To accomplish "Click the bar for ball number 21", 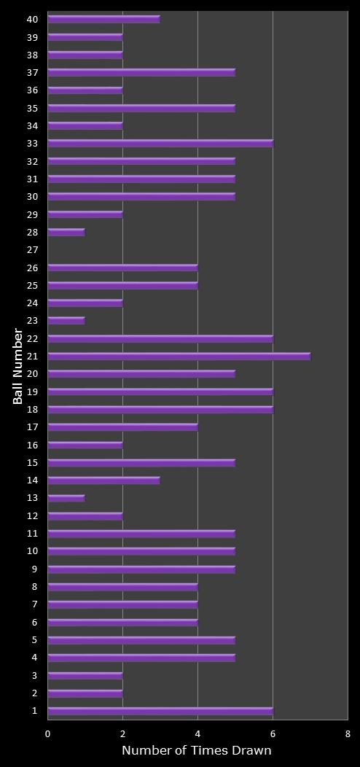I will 179,357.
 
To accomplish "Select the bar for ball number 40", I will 103,20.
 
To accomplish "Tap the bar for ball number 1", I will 160,711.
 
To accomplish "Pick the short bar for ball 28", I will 66,233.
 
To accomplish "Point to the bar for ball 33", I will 160,144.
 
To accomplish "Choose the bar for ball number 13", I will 66,499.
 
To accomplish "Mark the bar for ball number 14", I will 103,480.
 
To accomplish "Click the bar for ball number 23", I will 66,321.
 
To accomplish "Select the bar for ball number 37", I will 141,73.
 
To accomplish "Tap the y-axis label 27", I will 32,250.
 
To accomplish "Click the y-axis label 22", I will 32,338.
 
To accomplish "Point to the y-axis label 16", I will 32,445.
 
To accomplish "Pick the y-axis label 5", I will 34,640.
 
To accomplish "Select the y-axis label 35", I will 32,108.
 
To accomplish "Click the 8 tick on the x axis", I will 348,734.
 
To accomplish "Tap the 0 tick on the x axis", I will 48,734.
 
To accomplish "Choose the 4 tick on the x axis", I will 197,734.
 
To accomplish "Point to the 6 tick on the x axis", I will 273,734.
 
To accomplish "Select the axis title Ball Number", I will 18,366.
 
